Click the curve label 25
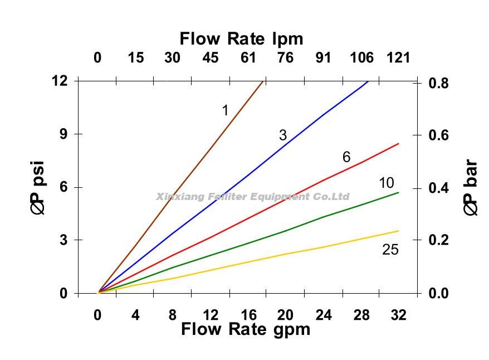390,250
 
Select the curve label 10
386,183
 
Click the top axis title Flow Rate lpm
241,38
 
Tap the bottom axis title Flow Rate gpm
245,329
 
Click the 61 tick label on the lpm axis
248,57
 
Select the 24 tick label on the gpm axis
323,315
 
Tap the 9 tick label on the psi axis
63,134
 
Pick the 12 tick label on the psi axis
60,81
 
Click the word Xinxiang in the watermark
174,197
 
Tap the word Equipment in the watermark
274,197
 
